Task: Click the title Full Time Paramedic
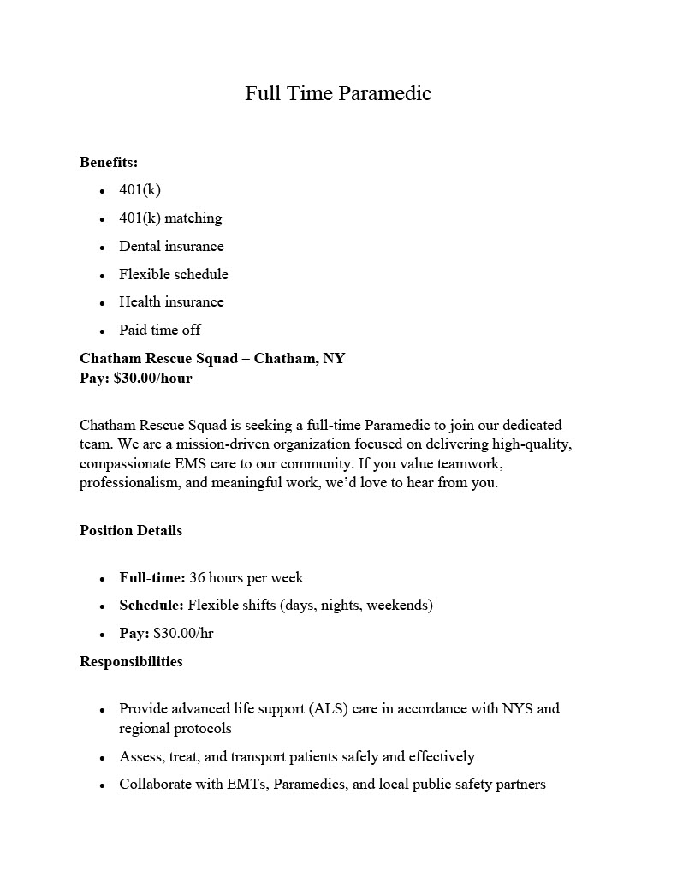[x=338, y=92]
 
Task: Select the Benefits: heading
[x=109, y=162]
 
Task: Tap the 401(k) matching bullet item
[x=170, y=218]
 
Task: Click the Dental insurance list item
[x=171, y=247]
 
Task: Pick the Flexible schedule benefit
[x=174, y=275]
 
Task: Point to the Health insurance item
[x=171, y=302]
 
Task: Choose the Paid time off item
[x=160, y=331]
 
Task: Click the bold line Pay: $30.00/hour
[x=136, y=378]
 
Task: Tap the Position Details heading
[x=131, y=531]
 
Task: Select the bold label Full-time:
[x=152, y=578]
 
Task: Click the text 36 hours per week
[x=246, y=578]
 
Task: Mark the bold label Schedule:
[x=151, y=606]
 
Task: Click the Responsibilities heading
[x=131, y=661]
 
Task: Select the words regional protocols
[x=175, y=729]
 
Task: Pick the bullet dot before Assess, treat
[x=102, y=758]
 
